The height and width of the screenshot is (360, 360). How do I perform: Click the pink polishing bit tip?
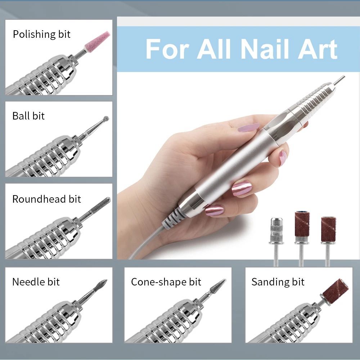click(x=97, y=41)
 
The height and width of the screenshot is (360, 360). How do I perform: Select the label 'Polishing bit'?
click(x=41, y=35)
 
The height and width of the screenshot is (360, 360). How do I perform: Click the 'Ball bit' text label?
click(x=28, y=116)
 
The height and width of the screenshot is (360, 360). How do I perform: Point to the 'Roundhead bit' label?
click(x=46, y=199)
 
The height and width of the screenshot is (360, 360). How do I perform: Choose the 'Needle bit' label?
click(x=36, y=282)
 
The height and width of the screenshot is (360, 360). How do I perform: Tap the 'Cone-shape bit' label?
click(x=166, y=282)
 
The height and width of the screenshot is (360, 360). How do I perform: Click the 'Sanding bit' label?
click(x=278, y=282)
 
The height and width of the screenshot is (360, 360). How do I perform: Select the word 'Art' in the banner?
click(x=317, y=49)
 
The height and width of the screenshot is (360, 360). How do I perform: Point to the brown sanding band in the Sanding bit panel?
click(x=336, y=291)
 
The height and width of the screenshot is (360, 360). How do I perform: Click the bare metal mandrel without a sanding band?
click(x=276, y=242)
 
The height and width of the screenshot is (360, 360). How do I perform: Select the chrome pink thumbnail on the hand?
click(x=242, y=189)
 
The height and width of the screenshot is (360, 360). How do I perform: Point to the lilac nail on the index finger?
click(x=248, y=127)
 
